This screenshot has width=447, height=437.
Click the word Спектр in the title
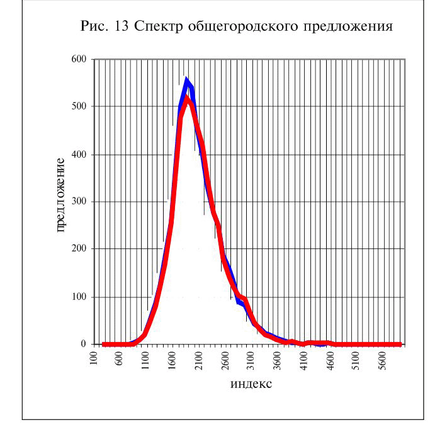pos(158,26)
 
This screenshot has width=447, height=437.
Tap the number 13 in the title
pos(122,26)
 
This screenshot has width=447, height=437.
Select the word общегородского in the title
pos(243,27)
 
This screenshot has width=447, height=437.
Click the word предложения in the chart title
pos(348,27)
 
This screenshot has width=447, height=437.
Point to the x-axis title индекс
pos(251,384)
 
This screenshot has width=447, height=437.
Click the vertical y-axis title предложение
pos(60,195)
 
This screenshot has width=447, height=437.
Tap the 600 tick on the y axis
pos(79,59)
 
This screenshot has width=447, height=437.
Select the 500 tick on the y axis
pos(79,106)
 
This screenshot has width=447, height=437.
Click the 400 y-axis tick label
pos(79,155)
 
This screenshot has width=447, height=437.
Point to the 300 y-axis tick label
pos(79,201)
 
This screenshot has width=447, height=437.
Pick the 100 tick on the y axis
pos(79,297)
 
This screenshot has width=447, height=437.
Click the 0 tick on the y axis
pos(83,344)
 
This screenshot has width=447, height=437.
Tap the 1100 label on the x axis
pos(145,360)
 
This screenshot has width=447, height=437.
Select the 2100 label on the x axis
pos(198,360)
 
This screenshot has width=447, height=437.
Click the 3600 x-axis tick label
pos(277,360)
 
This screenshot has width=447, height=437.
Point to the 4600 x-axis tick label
pos(330,360)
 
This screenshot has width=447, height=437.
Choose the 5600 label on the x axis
pos(383,360)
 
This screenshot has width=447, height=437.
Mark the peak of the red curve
pos(187,97)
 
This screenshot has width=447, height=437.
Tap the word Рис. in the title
pos(94,26)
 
